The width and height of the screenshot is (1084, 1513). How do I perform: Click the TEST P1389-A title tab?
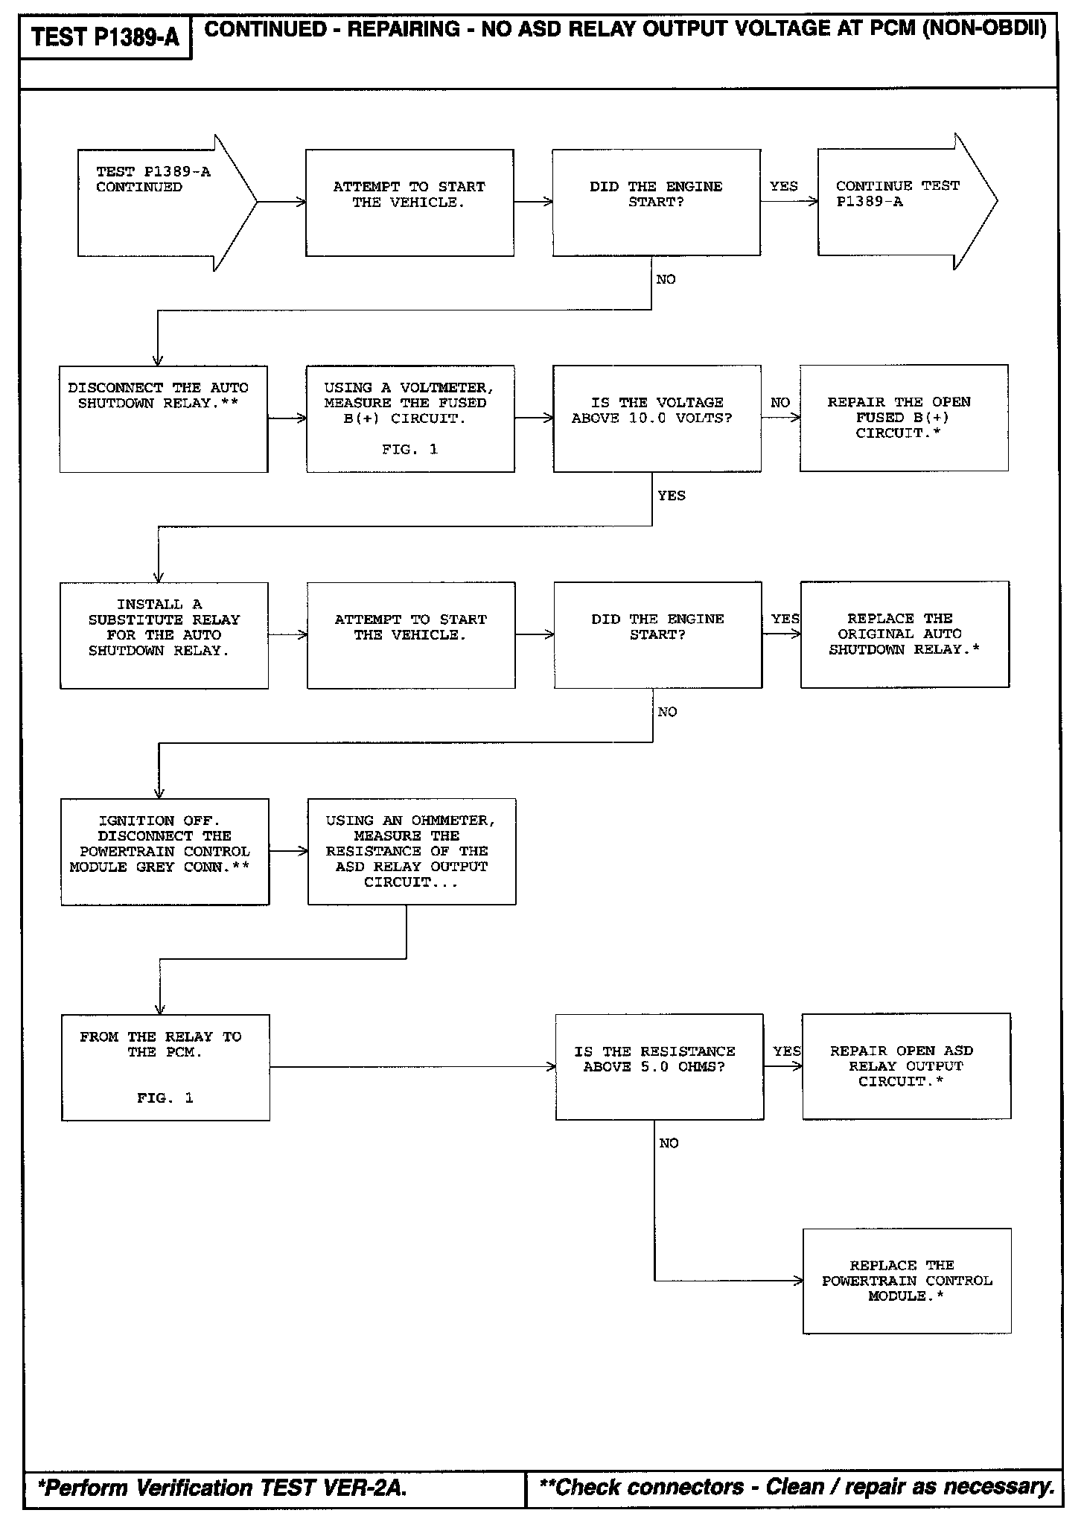point(106,36)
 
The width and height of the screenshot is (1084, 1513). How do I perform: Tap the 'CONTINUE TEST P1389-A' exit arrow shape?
point(901,202)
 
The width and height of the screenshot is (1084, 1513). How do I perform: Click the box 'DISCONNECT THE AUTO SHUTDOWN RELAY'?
point(164,418)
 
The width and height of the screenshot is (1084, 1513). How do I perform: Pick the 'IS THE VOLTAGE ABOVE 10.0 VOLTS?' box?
point(657,418)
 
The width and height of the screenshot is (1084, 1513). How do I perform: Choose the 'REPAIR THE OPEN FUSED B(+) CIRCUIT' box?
point(904,418)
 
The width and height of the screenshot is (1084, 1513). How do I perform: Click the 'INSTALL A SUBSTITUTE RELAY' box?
point(164,635)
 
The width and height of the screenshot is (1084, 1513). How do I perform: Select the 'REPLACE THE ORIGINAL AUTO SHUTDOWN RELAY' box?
point(905,634)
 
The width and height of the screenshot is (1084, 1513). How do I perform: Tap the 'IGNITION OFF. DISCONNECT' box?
point(165,852)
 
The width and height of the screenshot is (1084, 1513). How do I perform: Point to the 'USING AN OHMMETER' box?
point(412,852)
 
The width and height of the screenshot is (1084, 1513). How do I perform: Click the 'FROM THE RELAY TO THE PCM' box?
point(165,1067)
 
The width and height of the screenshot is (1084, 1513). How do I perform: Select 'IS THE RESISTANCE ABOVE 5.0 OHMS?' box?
point(659,1066)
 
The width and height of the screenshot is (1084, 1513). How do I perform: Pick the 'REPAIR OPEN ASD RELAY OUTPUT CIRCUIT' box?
point(906,1066)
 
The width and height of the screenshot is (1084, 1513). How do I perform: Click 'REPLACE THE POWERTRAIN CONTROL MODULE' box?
point(907,1281)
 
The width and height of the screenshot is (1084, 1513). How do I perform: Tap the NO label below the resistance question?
point(669,1143)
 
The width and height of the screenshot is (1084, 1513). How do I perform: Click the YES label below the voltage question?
point(672,495)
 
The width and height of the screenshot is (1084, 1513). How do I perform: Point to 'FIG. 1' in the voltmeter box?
point(410,449)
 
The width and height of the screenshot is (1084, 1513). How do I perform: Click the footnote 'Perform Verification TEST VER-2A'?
point(223,1488)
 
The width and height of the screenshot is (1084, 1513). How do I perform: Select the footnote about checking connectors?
point(796,1487)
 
